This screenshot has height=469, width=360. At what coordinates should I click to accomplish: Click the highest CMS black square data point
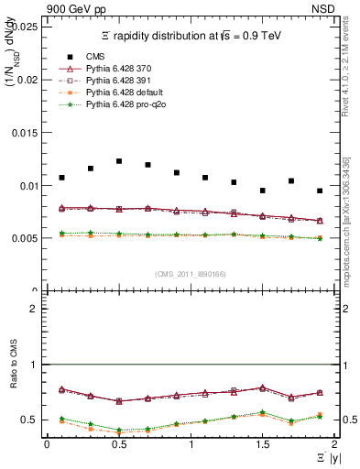(119, 161)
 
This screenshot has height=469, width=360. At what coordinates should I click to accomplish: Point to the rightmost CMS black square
(320, 191)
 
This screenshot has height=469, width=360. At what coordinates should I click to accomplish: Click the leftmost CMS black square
(61, 178)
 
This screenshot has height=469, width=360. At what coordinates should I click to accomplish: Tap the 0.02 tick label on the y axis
(28, 80)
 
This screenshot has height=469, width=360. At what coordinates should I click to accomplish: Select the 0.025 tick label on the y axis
(27, 27)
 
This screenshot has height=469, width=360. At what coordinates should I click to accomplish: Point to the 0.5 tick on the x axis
(118, 444)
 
